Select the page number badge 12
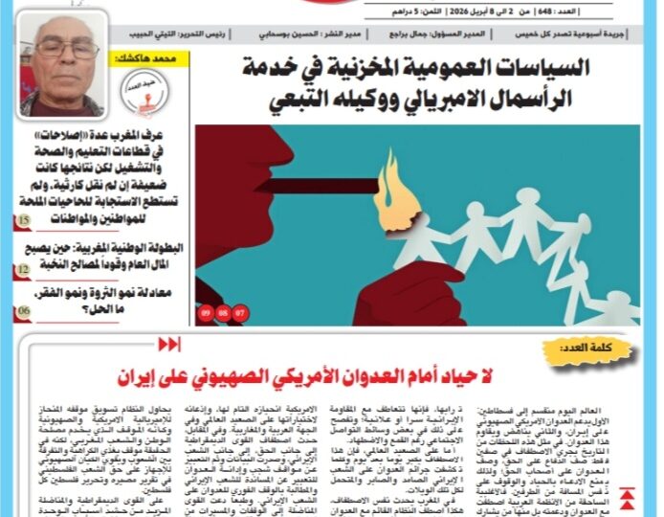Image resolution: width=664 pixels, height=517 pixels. (x=23, y=271)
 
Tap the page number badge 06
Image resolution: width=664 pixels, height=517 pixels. (x=23, y=312)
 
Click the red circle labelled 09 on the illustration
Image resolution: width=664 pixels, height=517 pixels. (x=206, y=313)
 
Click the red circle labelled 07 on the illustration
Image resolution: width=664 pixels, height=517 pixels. (x=239, y=313)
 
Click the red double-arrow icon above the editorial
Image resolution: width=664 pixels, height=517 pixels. (x=168, y=344)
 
